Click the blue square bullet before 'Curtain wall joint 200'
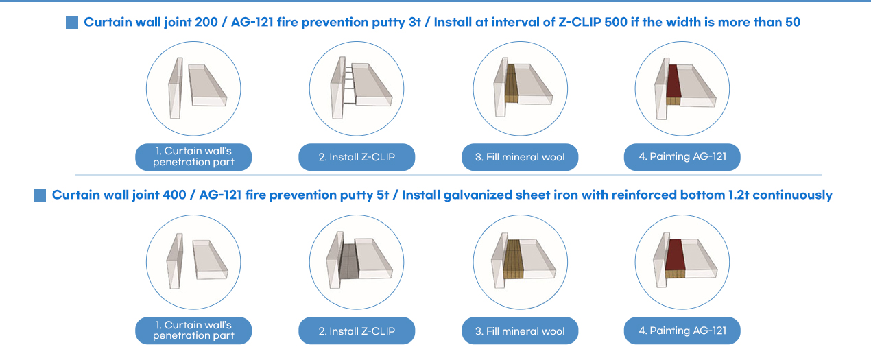72,22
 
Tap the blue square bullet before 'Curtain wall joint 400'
40,195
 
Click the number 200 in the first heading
206,22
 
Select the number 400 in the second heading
174,195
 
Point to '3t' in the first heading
414,22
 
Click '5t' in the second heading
383,195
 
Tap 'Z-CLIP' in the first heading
580,22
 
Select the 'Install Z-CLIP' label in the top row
357,157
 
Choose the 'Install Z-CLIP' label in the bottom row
357,331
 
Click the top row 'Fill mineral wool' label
520,157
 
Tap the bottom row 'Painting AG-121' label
682,331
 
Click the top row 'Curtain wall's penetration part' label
193,157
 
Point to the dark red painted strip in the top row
673,81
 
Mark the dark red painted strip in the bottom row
675,255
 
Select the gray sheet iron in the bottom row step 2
349,261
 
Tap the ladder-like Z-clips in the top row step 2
349,85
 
